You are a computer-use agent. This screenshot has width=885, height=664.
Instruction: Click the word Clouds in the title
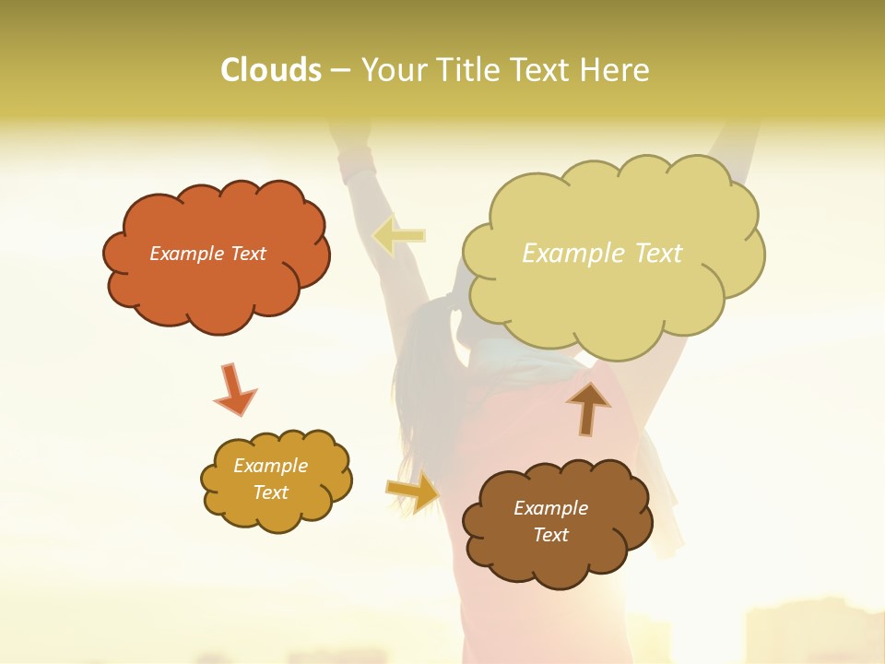[x=271, y=70]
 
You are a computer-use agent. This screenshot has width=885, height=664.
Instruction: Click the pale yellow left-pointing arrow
[x=398, y=236]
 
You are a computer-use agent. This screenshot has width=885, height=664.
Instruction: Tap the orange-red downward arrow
[x=234, y=390]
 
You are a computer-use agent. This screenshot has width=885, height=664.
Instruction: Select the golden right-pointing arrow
[x=413, y=492]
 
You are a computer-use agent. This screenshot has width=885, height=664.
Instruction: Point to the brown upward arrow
[x=588, y=408]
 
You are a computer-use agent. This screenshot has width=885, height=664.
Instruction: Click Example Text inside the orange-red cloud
[x=207, y=254]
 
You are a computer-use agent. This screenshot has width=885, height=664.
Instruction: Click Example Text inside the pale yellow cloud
[x=602, y=254]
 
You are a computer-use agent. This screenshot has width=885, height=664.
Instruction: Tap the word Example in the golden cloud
[x=270, y=466]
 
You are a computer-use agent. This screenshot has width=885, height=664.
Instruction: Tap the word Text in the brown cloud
[x=550, y=535]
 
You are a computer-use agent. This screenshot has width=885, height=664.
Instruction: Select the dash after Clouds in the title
[x=339, y=71]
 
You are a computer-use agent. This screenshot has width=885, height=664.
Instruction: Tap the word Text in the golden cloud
[x=270, y=492]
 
